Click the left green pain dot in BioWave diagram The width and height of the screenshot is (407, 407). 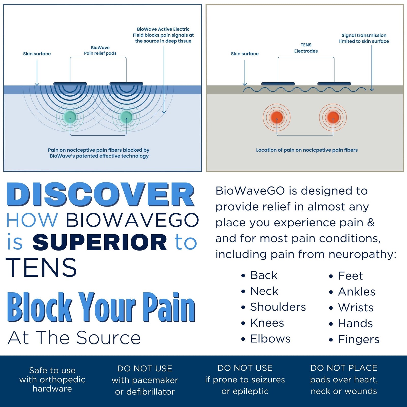pyautogui.click(x=70, y=117)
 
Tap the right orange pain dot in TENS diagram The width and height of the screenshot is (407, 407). pyautogui.click(x=333, y=117)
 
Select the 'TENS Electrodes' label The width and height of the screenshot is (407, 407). pyautogui.click(x=306, y=48)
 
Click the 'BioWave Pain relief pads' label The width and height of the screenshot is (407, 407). pyautogui.click(x=100, y=50)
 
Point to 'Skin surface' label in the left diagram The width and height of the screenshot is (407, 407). pyautogui.click(x=37, y=54)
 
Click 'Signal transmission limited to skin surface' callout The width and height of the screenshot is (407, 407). pyautogui.click(x=364, y=38)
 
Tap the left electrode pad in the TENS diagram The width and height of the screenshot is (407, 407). pyautogui.click(x=278, y=84)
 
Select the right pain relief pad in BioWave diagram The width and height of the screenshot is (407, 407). pyautogui.click(x=126, y=84)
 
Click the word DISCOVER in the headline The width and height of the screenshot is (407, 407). pyautogui.click(x=100, y=195)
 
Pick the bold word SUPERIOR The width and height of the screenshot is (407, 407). pyautogui.click(x=100, y=242)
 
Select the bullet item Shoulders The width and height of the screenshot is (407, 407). pyautogui.click(x=278, y=307)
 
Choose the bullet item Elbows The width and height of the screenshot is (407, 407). pyautogui.click(x=270, y=339)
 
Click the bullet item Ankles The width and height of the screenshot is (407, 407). pyautogui.click(x=356, y=292)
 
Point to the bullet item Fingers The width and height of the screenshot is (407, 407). pyautogui.click(x=358, y=339)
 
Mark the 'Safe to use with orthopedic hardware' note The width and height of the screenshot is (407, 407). pyautogui.click(x=52, y=379)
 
